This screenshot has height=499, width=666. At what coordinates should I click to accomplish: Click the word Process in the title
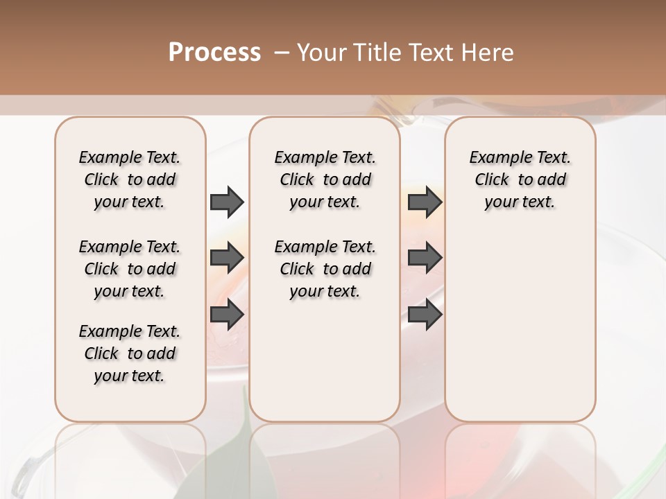tap(214, 53)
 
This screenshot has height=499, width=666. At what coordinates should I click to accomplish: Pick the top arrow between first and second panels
tap(227, 202)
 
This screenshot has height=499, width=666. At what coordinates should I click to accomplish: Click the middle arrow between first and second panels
tap(227, 259)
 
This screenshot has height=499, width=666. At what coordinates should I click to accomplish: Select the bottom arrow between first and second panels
tap(227, 315)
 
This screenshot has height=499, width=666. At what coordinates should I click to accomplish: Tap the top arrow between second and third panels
tap(425, 202)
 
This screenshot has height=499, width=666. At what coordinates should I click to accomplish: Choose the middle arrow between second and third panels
tap(425, 259)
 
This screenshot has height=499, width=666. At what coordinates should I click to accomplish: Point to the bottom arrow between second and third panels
tap(425, 315)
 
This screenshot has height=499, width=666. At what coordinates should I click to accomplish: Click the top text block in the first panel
tap(130, 180)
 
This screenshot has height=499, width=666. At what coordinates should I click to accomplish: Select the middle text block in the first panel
tap(130, 269)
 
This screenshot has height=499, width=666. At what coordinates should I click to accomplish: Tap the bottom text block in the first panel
tap(130, 353)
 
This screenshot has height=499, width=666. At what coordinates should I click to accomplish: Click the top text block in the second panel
tap(325, 180)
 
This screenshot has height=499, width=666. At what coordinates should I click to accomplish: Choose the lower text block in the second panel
tap(325, 269)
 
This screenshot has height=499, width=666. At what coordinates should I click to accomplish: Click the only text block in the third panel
tap(520, 180)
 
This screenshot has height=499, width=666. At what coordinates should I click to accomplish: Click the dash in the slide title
tap(282, 53)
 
